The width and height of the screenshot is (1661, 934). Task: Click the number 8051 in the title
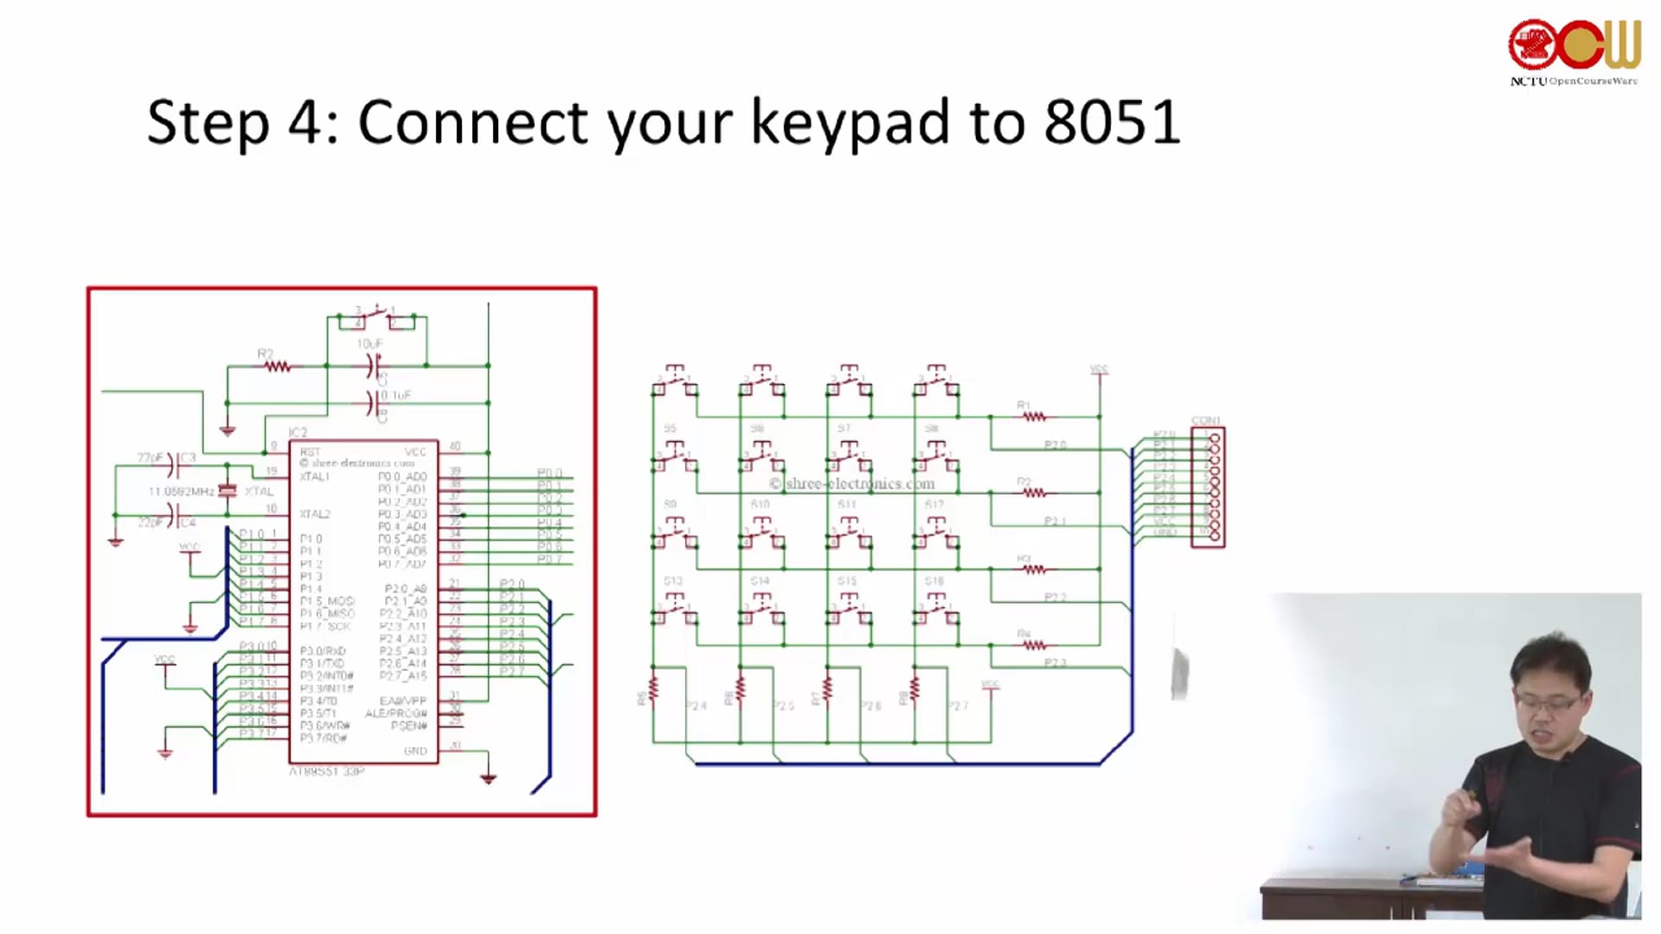click(1112, 122)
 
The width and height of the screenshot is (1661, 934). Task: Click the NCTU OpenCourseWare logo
click(1574, 52)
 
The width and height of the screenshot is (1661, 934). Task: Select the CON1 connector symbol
click(1209, 487)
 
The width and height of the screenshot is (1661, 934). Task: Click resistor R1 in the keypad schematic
click(1034, 416)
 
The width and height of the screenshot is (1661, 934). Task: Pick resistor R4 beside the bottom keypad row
click(1034, 644)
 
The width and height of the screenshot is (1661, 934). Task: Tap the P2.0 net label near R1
click(1055, 445)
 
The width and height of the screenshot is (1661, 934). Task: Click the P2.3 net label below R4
click(1055, 662)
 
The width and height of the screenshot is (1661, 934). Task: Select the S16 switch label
click(933, 581)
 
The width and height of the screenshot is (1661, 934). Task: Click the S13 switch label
click(672, 581)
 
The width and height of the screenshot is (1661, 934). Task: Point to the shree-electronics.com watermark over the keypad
click(852, 483)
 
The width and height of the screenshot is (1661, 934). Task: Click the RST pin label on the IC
click(310, 451)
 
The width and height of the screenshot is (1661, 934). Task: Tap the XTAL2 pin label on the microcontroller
click(314, 514)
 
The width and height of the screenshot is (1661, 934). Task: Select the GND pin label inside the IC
click(415, 751)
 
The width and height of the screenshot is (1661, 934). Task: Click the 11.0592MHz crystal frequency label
click(181, 491)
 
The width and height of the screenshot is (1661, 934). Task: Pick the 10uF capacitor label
click(369, 343)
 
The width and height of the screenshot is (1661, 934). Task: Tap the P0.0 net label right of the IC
click(549, 472)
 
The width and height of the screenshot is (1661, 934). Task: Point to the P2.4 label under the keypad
click(696, 706)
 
